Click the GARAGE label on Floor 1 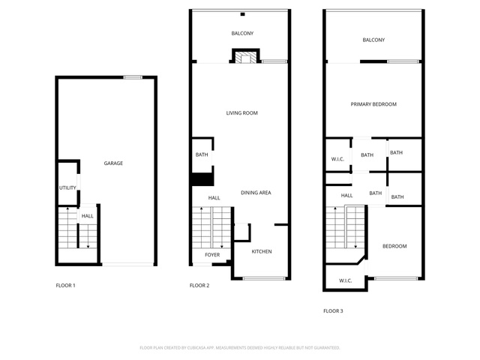click(x=113, y=163)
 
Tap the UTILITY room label click(x=67, y=187)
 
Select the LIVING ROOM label click(x=241, y=113)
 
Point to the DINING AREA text click(x=256, y=193)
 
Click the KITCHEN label click(x=262, y=251)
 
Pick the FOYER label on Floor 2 click(x=212, y=255)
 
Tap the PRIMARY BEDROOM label click(x=373, y=104)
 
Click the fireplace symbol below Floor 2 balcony click(x=246, y=55)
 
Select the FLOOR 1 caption click(x=65, y=285)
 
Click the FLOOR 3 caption click(x=333, y=310)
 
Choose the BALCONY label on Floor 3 click(x=373, y=40)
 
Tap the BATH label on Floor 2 click(x=202, y=154)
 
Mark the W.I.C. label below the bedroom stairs click(x=345, y=280)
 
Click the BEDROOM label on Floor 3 click(x=394, y=246)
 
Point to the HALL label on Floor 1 click(x=87, y=216)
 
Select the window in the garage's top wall click(x=133, y=77)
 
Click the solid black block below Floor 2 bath click(x=202, y=179)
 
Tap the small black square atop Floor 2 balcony click(x=243, y=14)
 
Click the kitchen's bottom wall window click(x=264, y=278)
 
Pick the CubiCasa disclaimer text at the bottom click(x=240, y=348)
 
